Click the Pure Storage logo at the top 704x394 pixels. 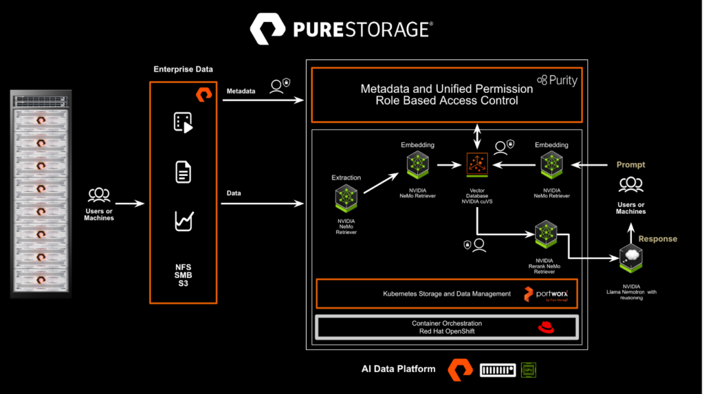(x=341, y=29)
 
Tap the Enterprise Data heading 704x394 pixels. (x=183, y=69)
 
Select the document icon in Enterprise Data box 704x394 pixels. (x=183, y=172)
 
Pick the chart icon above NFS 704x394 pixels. (x=183, y=221)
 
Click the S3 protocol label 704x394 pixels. (x=183, y=283)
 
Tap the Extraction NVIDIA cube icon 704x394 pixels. (x=346, y=198)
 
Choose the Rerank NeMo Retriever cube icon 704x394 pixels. (x=545, y=234)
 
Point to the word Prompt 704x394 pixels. (x=630, y=165)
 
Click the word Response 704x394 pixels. (x=658, y=239)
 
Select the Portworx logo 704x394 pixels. (x=548, y=294)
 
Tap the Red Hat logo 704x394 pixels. (x=546, y=327)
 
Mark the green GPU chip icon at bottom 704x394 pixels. (x=529, y=370)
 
